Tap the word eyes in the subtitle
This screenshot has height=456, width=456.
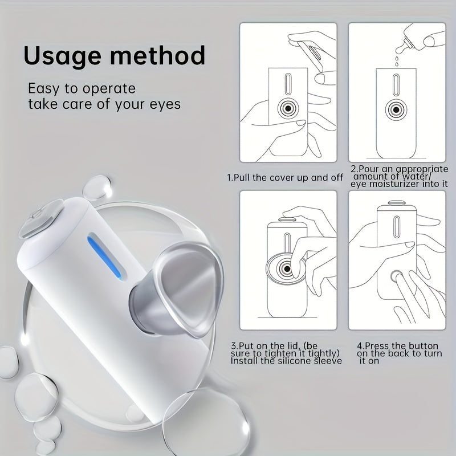coord(162,104)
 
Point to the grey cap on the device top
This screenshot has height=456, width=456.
coord(40,223)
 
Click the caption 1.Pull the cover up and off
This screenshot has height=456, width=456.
coord(285,177)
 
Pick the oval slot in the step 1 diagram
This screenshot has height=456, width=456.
coord(288,84)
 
